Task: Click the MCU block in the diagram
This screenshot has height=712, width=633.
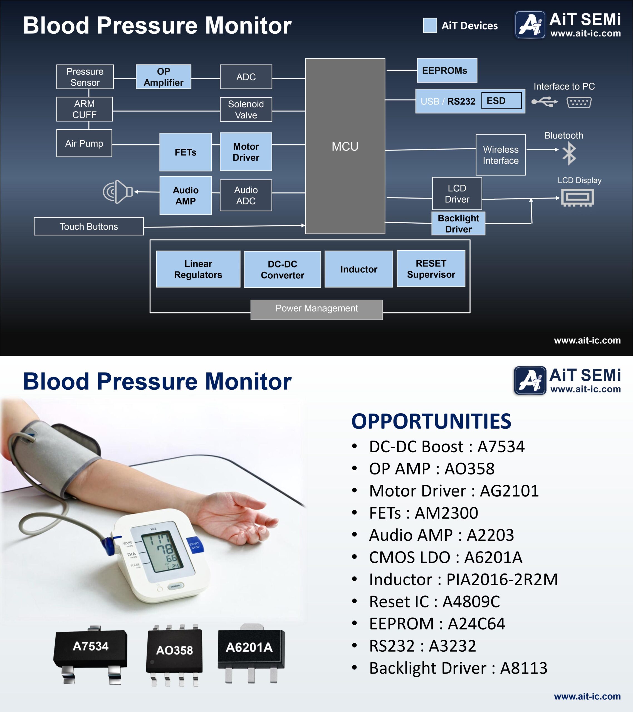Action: click(x=345, y=146)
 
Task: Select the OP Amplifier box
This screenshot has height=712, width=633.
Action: click(x=163, y=77)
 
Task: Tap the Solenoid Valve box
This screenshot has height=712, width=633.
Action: click(x=246, y=109)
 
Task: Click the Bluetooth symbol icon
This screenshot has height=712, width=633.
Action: click(x=569, y=154)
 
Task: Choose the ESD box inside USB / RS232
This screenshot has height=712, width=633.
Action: click(x=501, y=101)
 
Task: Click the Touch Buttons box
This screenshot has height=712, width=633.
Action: click(x=88, y=226)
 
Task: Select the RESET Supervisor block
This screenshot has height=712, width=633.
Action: click(x=431, y=269)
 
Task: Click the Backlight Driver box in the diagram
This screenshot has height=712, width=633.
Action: click(x=458, y=224)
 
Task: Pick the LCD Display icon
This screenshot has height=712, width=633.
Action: click(x=577, y=197)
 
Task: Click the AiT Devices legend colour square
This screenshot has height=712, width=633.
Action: click(x=430, y=25)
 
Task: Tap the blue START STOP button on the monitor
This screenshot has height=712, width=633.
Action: click(x=194, y=545)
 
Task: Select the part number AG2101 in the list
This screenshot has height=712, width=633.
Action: click(x=509, y=491)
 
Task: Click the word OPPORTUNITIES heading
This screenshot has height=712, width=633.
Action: click(x=431, y=421)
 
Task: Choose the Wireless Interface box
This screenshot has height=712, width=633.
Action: click(x=501, y=155)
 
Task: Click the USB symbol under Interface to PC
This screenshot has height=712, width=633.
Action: click(x=545, y=102)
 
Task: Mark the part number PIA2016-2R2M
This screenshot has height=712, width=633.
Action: click(x=502, y=579)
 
